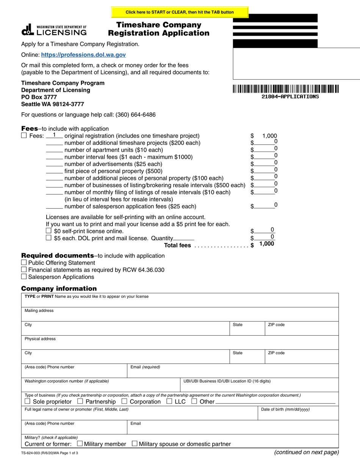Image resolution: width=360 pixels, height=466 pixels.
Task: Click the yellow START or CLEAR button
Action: coord(180,12)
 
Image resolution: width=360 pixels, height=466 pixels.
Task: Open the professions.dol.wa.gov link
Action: coord(83,55)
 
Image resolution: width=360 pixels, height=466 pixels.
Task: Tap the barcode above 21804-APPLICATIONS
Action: coord(286,89)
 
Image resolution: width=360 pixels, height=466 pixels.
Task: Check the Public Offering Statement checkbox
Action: coord(24,263)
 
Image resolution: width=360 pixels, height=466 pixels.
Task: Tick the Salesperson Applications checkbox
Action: coord(24,277)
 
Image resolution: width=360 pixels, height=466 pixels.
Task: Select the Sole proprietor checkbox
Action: coord(27,401)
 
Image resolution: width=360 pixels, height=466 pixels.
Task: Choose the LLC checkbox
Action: coord(169,401)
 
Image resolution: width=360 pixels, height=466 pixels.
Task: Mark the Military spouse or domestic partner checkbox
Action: coord(134,444)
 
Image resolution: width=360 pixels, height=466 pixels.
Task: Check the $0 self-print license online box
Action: coord(49,231)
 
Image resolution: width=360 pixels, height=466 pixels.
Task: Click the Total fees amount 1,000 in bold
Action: coord(266,244)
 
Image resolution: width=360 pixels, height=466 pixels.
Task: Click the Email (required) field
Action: coord(233,373)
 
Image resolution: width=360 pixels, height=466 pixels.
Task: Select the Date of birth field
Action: coord(298,415)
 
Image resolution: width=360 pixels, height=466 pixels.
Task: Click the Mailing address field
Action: coord(180,316)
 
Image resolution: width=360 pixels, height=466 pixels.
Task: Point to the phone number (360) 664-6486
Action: coord(135,115)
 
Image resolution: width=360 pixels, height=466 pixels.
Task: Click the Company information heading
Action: coord(59,288)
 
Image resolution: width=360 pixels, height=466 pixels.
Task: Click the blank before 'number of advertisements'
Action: coord(54,164)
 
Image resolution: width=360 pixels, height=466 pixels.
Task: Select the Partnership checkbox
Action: coord(80,401)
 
